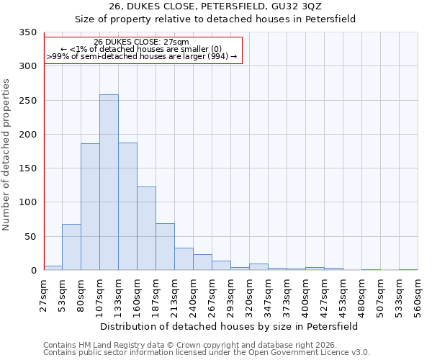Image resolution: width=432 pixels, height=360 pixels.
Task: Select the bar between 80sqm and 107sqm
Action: tap(90, 207)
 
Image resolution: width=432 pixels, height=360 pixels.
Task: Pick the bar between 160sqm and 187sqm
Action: tap(146, 228)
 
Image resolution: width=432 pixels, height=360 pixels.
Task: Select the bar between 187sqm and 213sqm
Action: tap(165, 247)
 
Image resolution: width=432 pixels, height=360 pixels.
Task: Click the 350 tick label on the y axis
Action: tap(27, 33)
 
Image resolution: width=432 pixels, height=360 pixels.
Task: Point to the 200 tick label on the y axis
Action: tap(27, 135)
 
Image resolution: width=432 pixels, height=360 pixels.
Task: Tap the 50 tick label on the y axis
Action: tap(30, 237)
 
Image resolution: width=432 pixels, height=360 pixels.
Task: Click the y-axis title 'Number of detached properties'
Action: tap(7, 156)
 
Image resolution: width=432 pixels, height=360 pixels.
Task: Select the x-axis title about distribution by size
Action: tap(229, 326)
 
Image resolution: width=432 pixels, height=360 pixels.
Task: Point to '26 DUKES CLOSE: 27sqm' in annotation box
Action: tap(142, 42)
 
